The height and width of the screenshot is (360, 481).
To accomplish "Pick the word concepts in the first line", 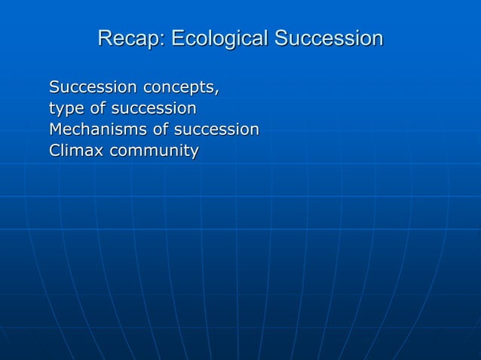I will click(179, 88).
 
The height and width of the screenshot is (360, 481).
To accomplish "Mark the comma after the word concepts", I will click(218, 91).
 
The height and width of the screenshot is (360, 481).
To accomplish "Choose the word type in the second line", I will click(66, 109).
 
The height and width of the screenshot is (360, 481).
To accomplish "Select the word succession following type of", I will click(154, 109).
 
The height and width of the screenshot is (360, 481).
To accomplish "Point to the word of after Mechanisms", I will click(161, 130).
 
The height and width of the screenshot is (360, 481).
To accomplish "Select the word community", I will click(154, 151).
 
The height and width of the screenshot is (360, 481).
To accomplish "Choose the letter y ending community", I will click(194, 153).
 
